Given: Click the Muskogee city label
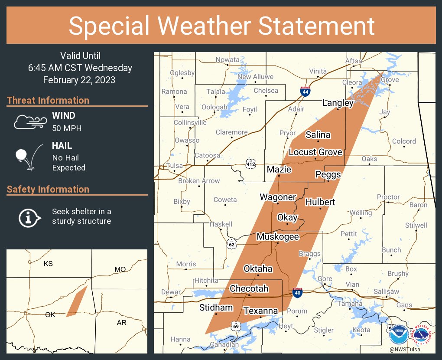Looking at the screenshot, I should pos(278,236).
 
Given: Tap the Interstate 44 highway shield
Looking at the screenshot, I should pos(305,92).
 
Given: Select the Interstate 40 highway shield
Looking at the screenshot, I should pos(297,293).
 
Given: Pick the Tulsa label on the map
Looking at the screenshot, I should pos(175,166).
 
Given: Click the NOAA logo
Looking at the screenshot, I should pos(398,334).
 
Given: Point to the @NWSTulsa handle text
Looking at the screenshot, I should pos(404,349).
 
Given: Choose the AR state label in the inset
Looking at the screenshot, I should pos(121,323).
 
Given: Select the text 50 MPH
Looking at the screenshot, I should pos(67,128).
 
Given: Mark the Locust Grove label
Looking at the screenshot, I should pos(315,152).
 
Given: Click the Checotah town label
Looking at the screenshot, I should pos(249,288).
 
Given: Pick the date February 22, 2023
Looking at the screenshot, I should pos(79,80).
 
